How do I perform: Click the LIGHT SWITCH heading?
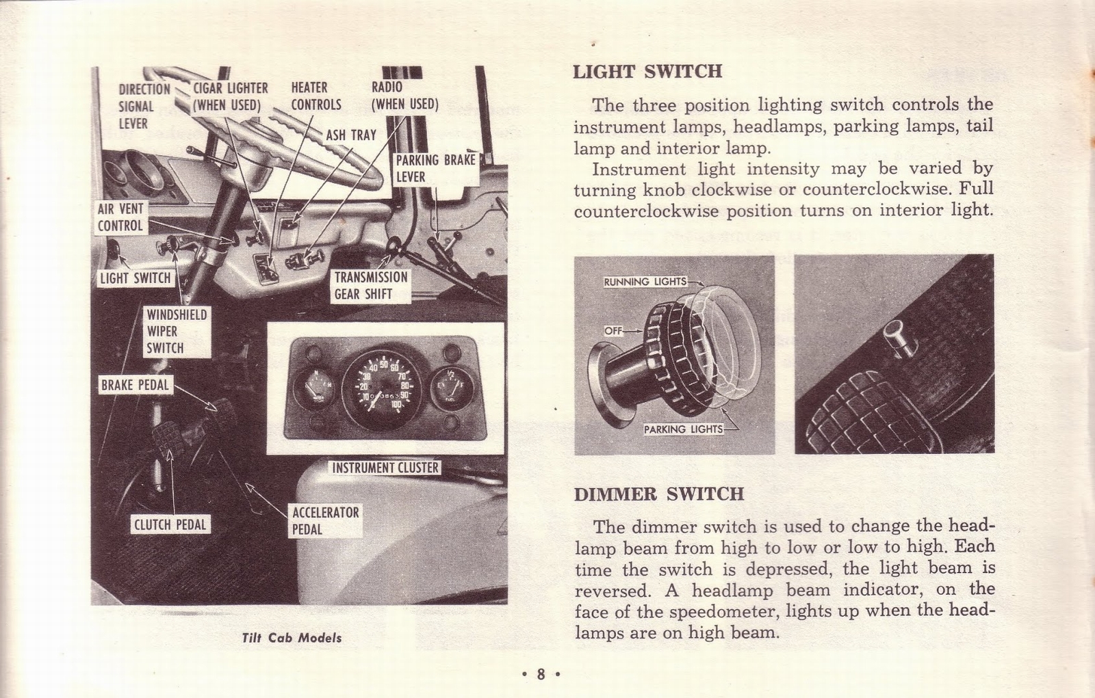tap(647, 72)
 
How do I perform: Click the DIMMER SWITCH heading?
tap(658, 494)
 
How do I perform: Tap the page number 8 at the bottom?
tap(540, 675)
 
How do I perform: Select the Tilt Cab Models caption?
tap(292, 638)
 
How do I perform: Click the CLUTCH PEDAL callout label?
tap(170, 525)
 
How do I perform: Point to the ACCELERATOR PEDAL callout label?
tap(325, 520)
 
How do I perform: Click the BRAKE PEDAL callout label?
tap(135, 385)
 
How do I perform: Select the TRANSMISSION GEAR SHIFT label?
tap(370, 286)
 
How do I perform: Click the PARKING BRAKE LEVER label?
tap(435, 168)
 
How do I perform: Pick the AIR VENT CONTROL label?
tap(120, 217)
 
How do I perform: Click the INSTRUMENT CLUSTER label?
tap(385, 468)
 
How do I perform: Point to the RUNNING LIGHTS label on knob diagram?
tap(645, 282)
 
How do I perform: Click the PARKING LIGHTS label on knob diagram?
tap(683, 429)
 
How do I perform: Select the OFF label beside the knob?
tap(613, 331)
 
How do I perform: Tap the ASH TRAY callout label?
tap(350, 135)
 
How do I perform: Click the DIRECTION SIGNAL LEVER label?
tap(144, 106)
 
